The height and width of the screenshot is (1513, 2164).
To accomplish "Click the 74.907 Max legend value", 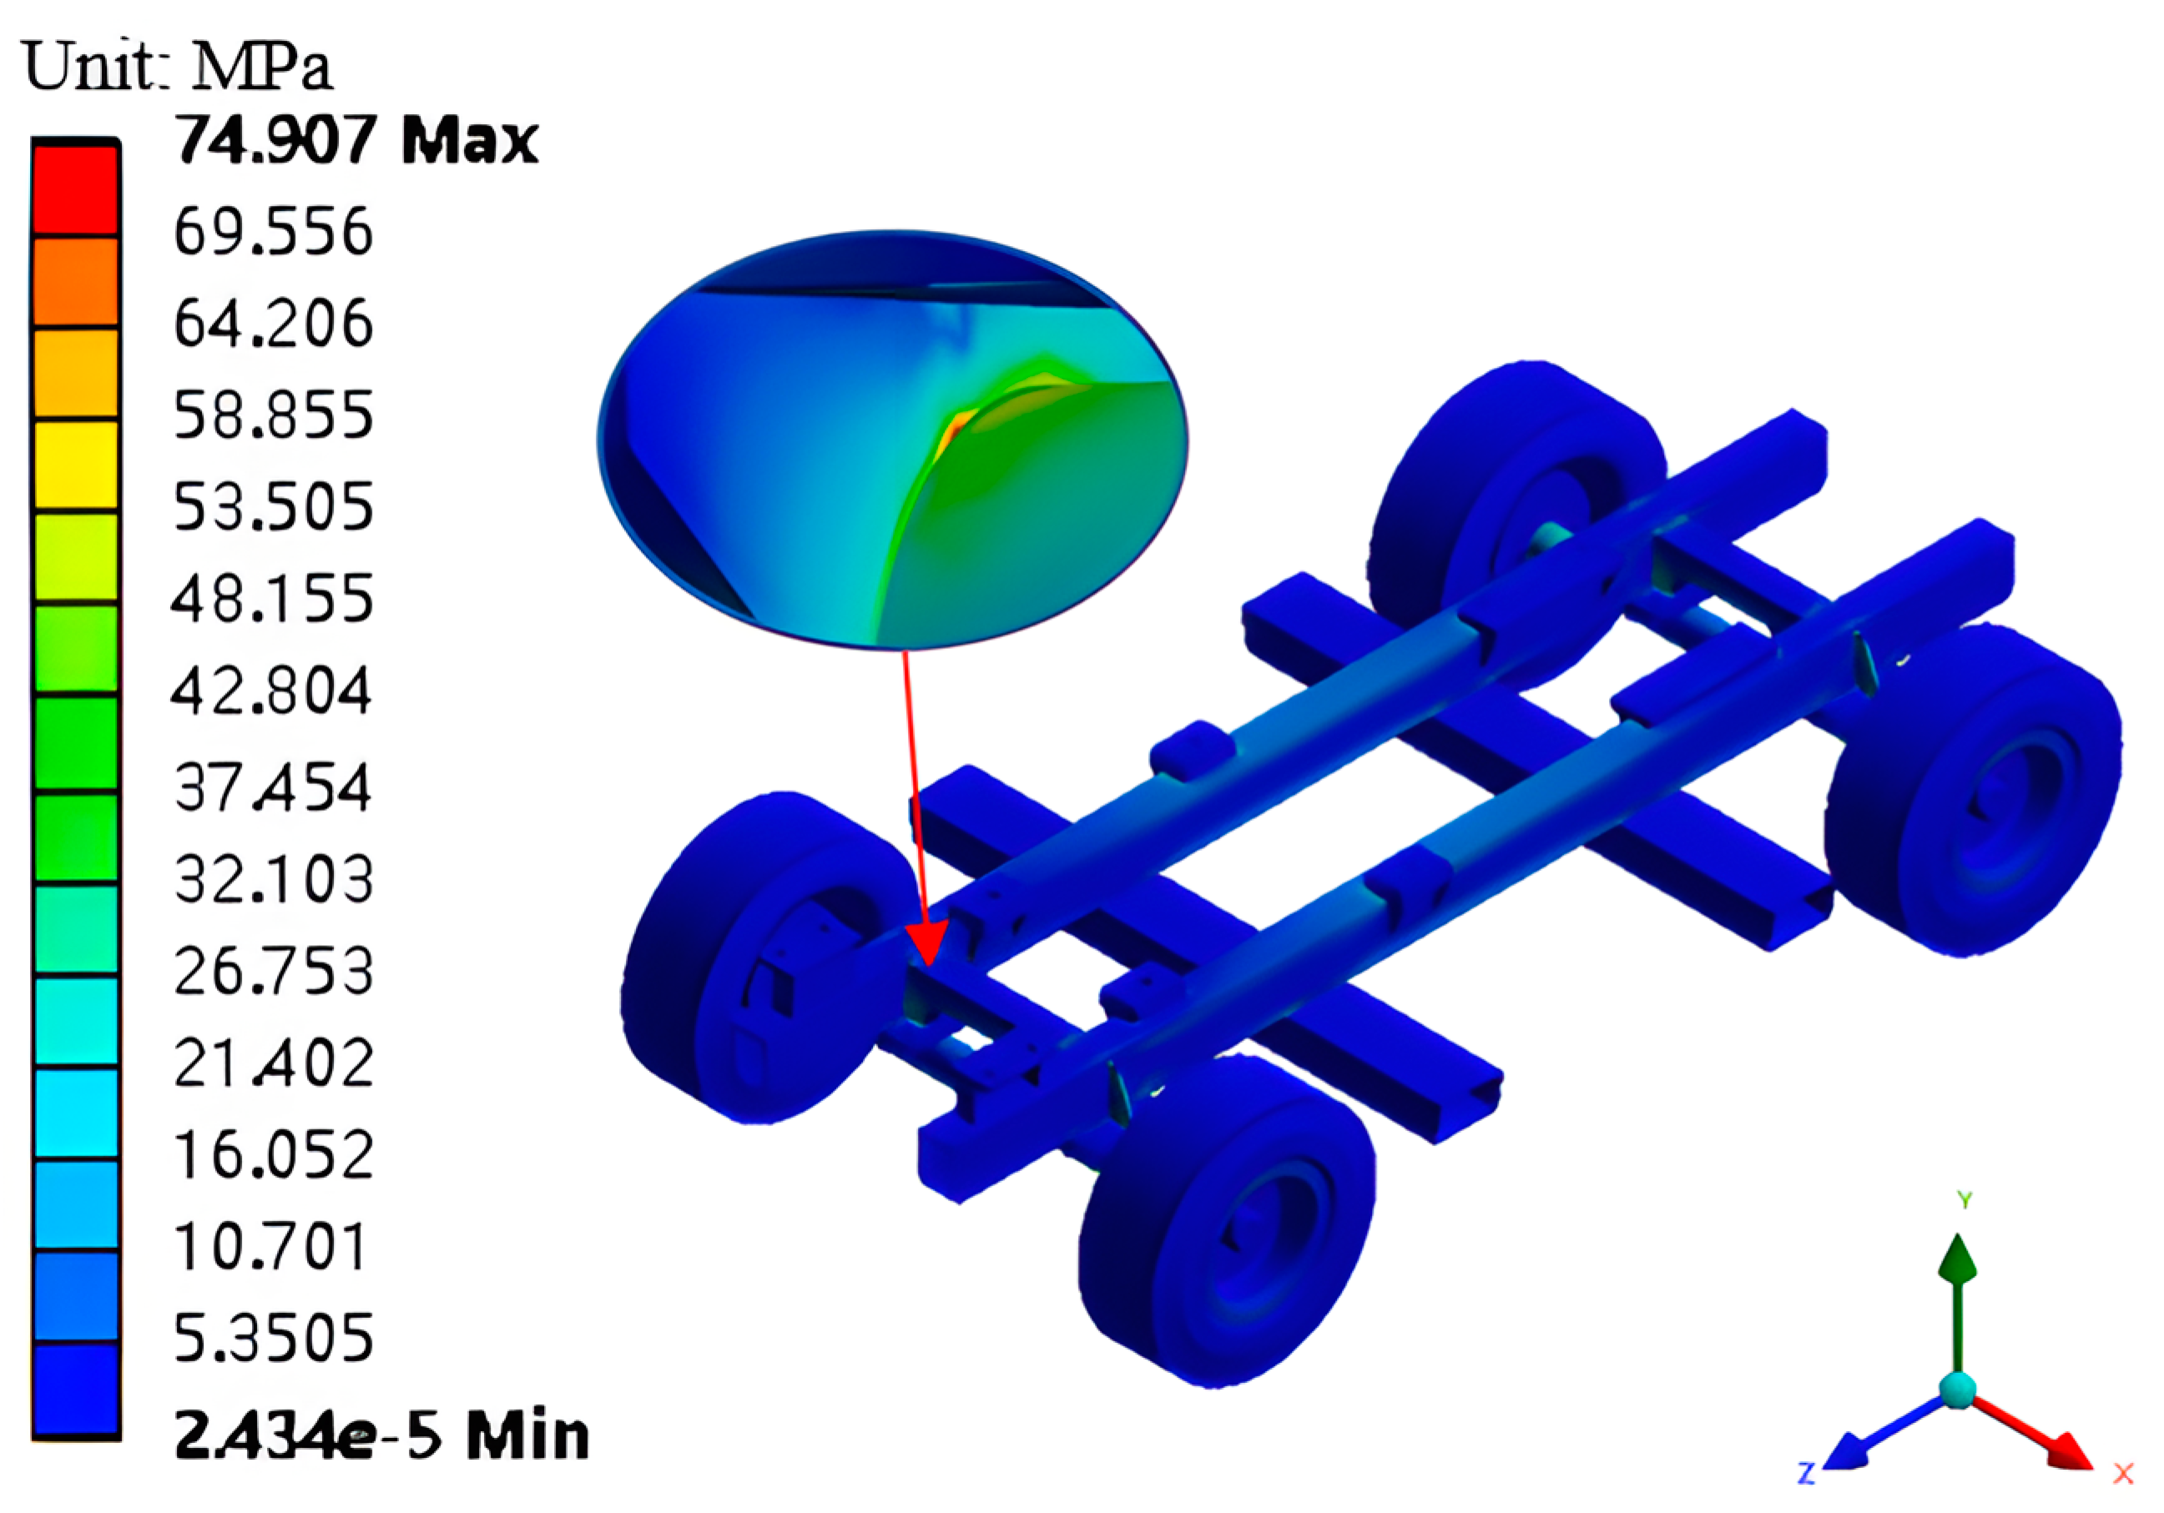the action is [356, 140].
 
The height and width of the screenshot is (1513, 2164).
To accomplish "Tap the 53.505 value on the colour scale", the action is [274, 507].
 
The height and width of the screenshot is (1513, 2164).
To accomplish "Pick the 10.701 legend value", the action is [270, 1246].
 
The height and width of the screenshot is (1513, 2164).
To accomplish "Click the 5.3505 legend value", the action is [274, 1337].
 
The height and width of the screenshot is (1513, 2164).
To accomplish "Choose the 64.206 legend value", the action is [274, 323].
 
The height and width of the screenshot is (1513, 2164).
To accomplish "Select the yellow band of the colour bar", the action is [75, 465].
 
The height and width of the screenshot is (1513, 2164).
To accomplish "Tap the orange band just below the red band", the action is [75, 282].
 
